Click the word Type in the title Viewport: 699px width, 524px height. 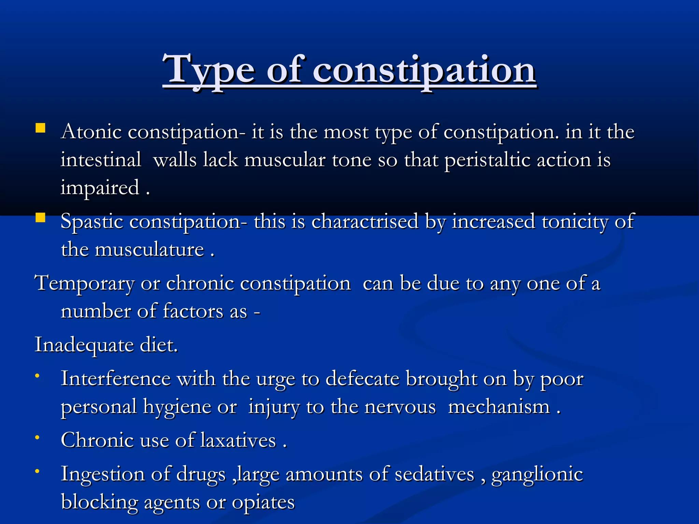pos(209,70)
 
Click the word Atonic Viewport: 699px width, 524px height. pos(91,132)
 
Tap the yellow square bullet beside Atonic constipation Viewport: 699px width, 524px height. pos(40,128)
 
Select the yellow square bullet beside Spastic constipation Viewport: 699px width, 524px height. pos(40,218)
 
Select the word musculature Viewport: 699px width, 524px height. pos(149,250)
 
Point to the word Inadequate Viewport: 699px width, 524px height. pos(84,345)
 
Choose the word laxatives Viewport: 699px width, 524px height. pos(238,440)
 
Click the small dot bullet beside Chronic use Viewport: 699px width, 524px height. pos(37,437)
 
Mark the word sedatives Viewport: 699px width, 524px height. pos(434,475)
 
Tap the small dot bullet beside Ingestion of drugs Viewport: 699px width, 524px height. pos(37,471)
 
